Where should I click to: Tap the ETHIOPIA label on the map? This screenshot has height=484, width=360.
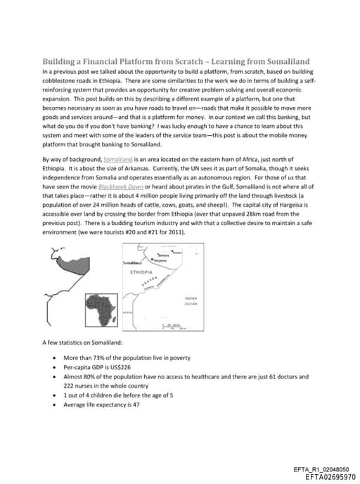(143, 270)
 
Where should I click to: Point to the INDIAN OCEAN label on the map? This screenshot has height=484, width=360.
(191, 300)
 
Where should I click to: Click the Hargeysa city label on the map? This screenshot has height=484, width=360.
(163, 260)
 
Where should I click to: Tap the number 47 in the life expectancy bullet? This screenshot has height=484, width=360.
(136, 405)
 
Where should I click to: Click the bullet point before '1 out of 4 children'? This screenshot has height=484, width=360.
(56, 395)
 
